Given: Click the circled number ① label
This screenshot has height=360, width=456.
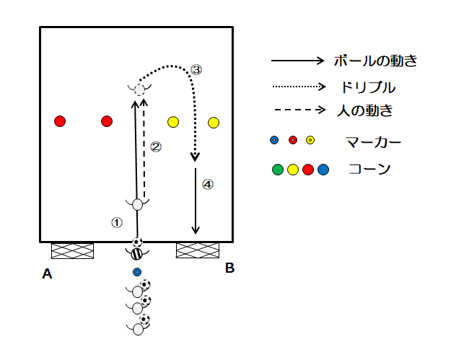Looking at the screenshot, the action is tap(117, 223).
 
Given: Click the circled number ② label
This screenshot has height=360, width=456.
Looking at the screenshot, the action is tap(156, 147).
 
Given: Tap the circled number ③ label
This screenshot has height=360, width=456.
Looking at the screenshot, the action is tap(196, 70).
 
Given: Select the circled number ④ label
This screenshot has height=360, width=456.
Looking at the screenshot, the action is tap(208, 185).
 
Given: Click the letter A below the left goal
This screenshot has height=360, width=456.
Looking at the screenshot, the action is tap(47, 273).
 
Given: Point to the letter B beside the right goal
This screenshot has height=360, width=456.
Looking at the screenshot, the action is tap(229, 268).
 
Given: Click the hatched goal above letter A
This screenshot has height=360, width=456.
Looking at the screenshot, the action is tap(72, 250).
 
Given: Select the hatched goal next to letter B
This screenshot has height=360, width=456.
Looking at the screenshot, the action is tap(198, 250).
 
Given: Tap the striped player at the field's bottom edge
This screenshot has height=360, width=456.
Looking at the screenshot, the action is tap(136, 254).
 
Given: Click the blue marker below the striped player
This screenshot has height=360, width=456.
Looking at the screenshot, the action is tap(137, 272).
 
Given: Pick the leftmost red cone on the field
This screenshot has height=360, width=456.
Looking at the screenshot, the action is tap(60, 121).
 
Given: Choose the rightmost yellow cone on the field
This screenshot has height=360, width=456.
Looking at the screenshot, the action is tap(214, 123).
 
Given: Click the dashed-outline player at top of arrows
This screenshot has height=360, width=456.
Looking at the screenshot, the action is tap(139, 89).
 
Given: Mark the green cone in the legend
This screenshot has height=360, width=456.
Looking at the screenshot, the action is tap(278, 170).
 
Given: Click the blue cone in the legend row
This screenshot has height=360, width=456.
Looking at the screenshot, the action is tap(323, 170).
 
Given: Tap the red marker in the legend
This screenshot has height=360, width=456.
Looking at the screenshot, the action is tap(293, 140).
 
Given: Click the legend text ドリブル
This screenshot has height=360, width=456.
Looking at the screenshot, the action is tap(368, 87).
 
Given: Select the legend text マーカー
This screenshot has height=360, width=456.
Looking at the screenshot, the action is tap(374, 142).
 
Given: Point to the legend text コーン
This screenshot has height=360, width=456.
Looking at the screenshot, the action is tap(369, 169).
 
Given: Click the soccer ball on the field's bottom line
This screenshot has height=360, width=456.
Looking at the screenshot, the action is tap(137, 242).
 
